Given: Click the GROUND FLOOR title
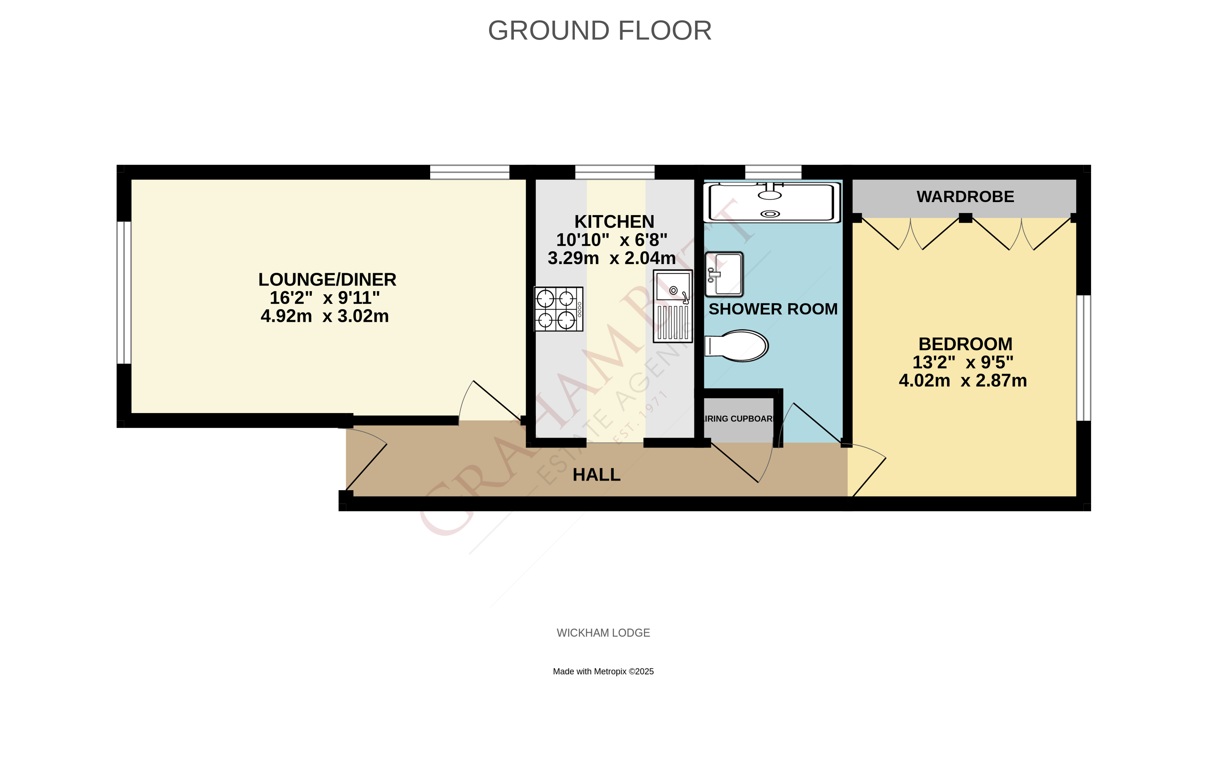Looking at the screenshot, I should click(600, 31).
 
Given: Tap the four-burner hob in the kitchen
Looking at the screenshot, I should click(558, 309).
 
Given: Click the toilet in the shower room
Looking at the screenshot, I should click(737, 346).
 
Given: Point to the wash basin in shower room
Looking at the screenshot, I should click(724, 274).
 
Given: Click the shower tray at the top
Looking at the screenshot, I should click(772, 202).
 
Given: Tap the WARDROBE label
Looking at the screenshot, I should click(965, 197).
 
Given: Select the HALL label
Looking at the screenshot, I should click(596, 474).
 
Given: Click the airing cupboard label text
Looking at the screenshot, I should click(739, 419).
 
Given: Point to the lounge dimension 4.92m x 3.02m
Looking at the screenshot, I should click(325, 316).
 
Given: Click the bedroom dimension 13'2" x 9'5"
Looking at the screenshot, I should click(962, 362).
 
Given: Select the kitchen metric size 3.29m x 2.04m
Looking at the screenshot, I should click(612, 258).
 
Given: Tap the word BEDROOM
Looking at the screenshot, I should click(965, 344).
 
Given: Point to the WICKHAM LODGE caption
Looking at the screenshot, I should click(603, 633).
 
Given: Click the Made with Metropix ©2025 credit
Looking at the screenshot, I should click(603, 671).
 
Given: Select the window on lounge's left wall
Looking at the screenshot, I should click(124, 292).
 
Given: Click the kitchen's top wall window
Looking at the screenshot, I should click(615, 172).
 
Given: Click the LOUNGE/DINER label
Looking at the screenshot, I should click(327, 279).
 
